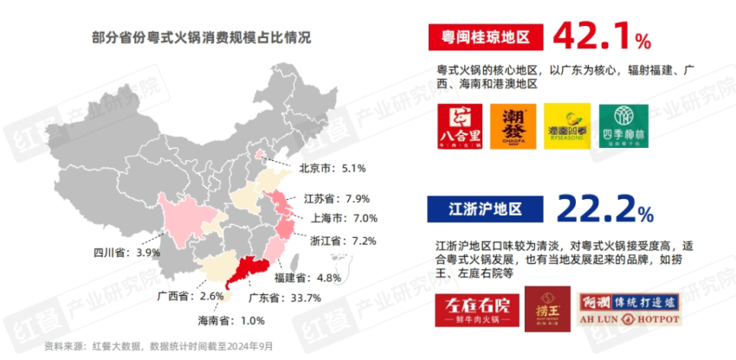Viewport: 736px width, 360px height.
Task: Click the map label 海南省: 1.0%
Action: (x=231, y=321)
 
